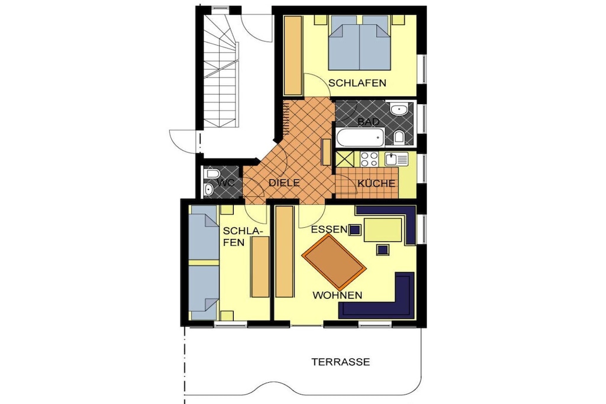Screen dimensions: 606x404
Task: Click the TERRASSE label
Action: (340, 362)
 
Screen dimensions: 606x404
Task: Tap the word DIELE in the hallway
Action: (284, 183)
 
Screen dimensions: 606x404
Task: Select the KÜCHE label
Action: (376, 183)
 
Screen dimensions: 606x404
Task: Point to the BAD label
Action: (368, 122)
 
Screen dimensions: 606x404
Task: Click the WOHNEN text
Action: (337, 296)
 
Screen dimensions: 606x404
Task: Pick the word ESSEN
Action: (329, 230)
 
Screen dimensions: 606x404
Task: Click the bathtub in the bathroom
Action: (360, 137)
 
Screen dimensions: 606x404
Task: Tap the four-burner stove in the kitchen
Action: (369, 159)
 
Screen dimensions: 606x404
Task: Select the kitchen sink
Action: (397, 159)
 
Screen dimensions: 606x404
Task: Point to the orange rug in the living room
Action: (334, 262)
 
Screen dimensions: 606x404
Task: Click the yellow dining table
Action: (383, 230)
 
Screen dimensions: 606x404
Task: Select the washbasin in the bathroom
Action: (398, 109)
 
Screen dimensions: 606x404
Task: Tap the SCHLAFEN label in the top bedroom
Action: (357, 83)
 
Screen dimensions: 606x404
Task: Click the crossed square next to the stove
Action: (345, 159)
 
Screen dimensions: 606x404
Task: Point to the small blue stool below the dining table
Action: (383, 250)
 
